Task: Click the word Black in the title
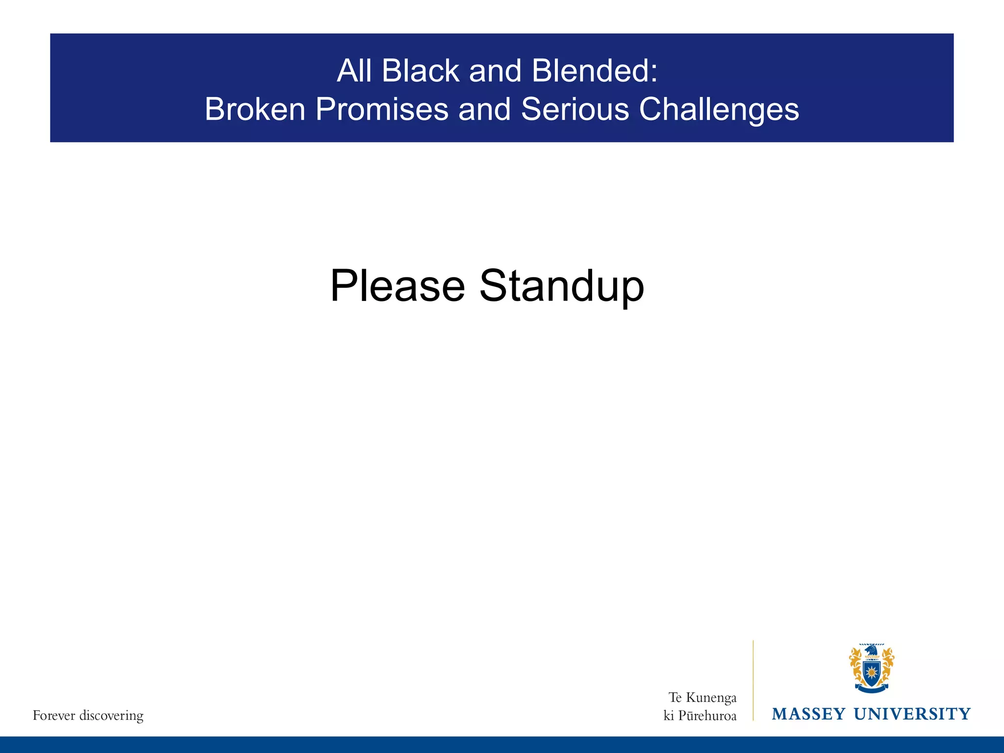[420, 71]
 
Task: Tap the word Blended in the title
[594, 71]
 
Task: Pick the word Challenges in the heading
[719, 110]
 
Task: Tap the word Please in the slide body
[398, 286]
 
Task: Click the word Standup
[561, 287]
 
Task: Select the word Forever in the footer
[54, 716]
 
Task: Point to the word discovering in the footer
[111, 716]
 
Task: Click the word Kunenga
[711, 698]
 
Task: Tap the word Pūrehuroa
[707, 716]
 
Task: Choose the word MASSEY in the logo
[808, 714]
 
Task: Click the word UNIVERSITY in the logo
[912, 714]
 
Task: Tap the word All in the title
[351, 71]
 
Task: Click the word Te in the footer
[675, 698]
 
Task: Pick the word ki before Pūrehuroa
[669, 716]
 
